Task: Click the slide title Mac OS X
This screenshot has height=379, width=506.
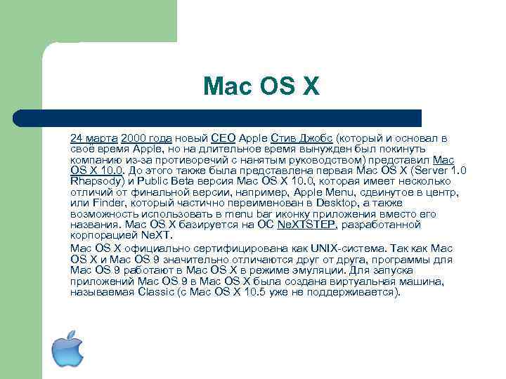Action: point(261,86)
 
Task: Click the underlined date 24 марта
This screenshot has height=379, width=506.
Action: point(94,138)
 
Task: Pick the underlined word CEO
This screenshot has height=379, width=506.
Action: point(223,138)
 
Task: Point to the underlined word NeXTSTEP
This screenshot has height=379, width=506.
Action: point(307,225)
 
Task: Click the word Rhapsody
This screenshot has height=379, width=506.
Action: point(95,181)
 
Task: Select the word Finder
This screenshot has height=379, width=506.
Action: point(106,203)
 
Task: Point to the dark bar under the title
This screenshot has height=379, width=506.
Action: point(232,117)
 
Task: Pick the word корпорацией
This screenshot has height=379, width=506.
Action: point(101,235)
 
